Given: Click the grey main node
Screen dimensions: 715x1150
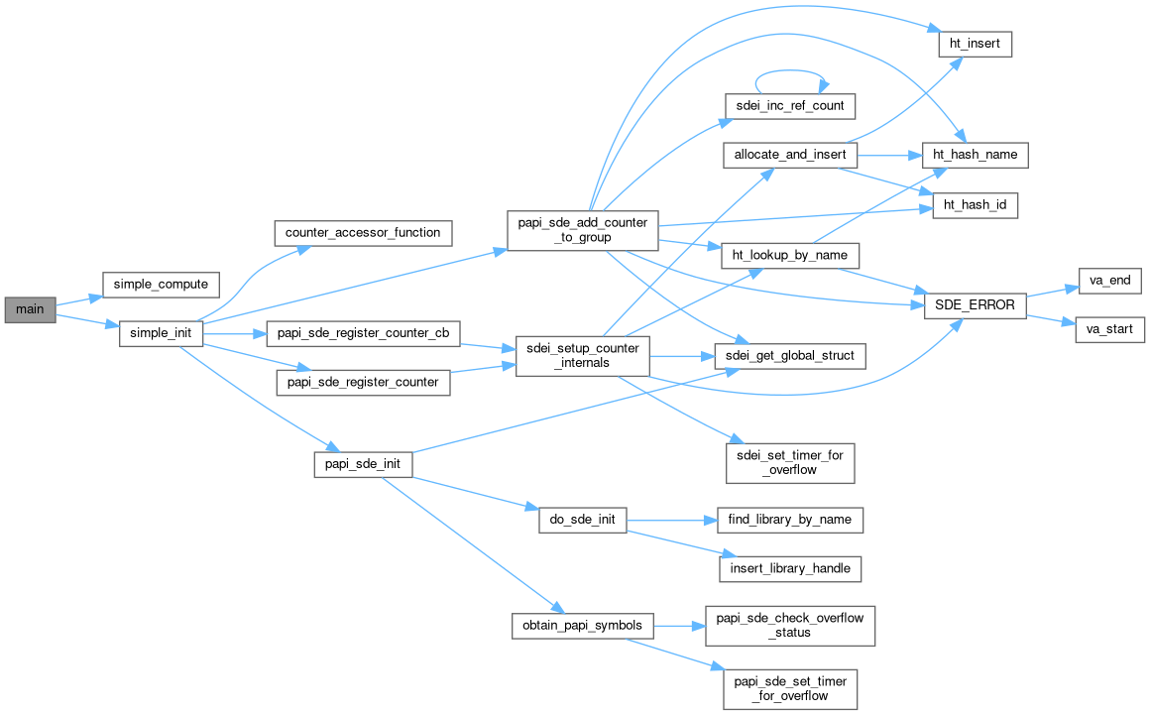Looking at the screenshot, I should click(30, 309).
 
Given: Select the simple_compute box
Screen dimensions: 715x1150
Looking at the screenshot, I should click(161, 284).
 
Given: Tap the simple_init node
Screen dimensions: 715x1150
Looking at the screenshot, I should click(162, 334).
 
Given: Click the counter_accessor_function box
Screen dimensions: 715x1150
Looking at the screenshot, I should click(363, 233).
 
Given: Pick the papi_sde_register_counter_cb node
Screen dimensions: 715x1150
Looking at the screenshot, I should click(364, 334).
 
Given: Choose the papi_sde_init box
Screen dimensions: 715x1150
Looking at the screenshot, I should click(363, 463).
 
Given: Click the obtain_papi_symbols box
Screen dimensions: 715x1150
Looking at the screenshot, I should click(582, 626).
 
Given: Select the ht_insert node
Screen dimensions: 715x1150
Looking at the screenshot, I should click(975, 44).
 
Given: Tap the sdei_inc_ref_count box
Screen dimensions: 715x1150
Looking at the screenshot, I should click(790, 104).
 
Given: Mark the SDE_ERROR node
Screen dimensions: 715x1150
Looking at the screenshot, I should click(975, 304).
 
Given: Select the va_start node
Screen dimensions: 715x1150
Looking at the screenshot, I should click(1110, 329).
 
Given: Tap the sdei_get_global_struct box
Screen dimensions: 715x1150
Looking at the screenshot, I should click(790, 355).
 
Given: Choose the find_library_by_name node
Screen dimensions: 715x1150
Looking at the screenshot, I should click(790, 519).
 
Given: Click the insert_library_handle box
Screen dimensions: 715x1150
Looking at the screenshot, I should click(790, 569).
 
